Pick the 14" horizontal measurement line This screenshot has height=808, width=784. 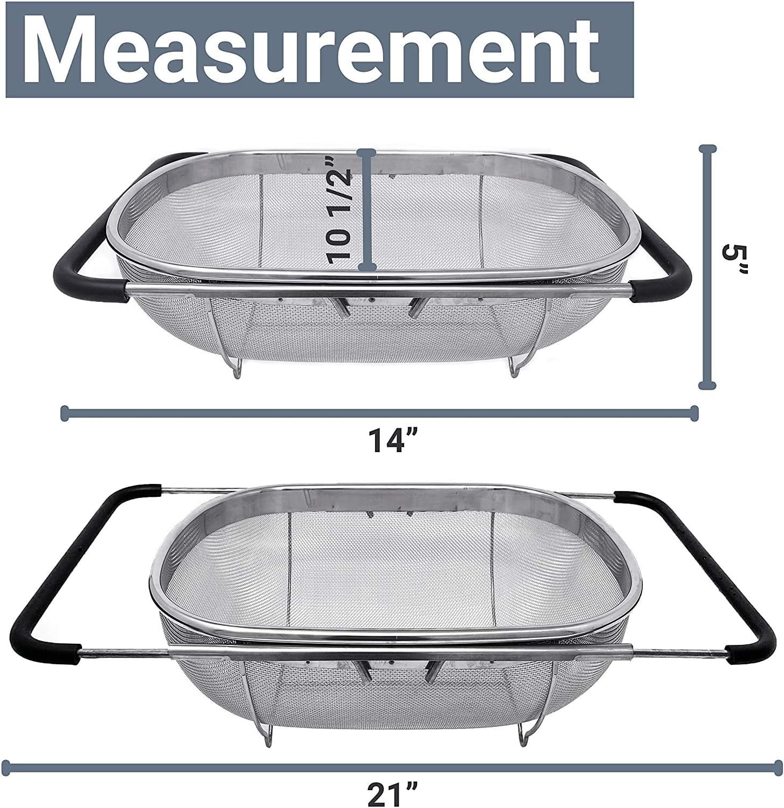[379, 414]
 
